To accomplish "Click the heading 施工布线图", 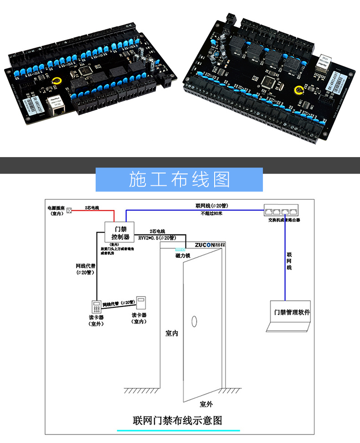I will [179, 179].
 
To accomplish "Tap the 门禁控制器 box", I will [121, 233].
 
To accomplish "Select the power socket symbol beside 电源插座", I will [69, 210].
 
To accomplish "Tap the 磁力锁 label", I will [182, 256].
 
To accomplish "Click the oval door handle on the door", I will [194, 321].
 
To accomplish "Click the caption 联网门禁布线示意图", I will [178, 420].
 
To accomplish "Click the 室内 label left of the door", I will [171, 334].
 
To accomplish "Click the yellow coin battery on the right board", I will [299, 91].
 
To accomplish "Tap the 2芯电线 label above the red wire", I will [92, 208].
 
